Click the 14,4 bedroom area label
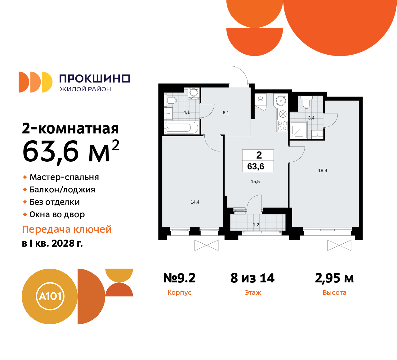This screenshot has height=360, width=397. [x=195, y=202]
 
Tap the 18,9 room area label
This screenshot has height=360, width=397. [x=323, y=170]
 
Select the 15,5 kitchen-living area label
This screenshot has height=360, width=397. [x=255, y=182]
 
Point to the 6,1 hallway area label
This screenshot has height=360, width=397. [x=226, y=113]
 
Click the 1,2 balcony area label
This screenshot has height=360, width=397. [x=256, y=225]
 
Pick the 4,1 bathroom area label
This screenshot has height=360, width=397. [x=186, y=112]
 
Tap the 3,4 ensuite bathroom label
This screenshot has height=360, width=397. [x=311, y=118]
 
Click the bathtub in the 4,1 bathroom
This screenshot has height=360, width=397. [x=181, y=128]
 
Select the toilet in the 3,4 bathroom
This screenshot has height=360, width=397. [x=306, y=102]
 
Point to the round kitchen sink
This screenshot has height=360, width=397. [x=281, y=101]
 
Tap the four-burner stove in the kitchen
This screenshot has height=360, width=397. [x=282, y=126]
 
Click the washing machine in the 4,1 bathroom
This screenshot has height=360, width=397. [x=194, y=93]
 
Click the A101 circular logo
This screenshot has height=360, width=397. [x=50, y=296]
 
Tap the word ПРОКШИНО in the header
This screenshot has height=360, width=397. [x=95, y=79]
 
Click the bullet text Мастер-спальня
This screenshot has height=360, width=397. [x=64, y=177]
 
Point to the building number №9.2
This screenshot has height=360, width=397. [x=179, y=278]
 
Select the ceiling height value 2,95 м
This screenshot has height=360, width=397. [x=334, y=278]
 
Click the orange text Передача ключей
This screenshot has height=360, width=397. [x=67, y=229]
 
